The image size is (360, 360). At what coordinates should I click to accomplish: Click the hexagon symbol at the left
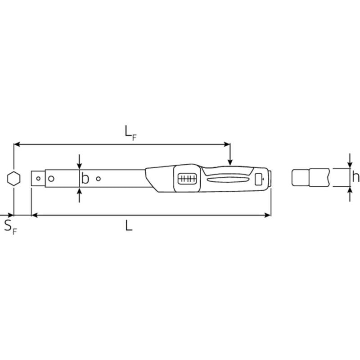click(14, 178)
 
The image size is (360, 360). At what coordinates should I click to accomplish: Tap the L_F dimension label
click(130, 133)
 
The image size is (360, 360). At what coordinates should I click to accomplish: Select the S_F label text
click(10, 227)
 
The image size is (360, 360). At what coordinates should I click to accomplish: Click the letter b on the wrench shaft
click(85, 178)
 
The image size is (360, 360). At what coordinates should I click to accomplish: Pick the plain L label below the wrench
click(129, 225)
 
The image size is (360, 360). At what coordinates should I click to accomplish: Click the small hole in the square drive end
click(38, 178)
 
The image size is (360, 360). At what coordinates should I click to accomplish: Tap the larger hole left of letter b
click(51, 178)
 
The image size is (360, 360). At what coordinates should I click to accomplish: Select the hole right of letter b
click(98, 178)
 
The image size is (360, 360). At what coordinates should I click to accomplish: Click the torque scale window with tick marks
click(187, 178)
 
